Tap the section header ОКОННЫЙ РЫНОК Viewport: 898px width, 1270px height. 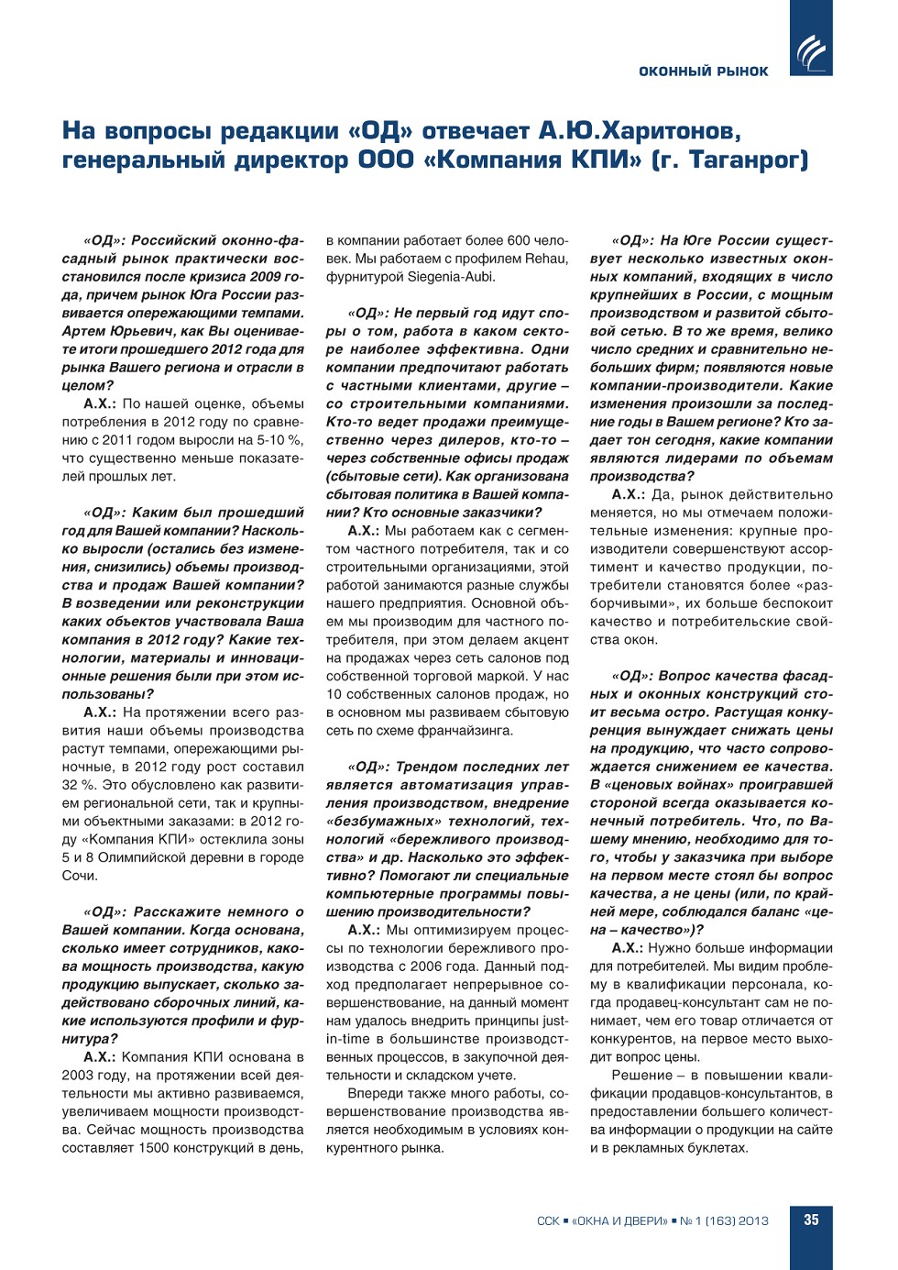(x=703, y=72)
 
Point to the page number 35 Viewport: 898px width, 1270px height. (x=811, y=1220)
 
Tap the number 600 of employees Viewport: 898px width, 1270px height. (x=519, y=240)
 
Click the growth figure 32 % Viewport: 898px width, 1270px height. (x=79, y=785)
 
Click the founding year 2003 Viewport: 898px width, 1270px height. (x=78, y=1076)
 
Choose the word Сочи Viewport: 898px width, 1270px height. (x=79, y=876)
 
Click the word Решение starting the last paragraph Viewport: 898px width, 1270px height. (x=641, y=1076)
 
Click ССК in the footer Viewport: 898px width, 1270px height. (x=548, y=1221)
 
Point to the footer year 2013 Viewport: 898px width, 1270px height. (x=753, y=1221)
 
